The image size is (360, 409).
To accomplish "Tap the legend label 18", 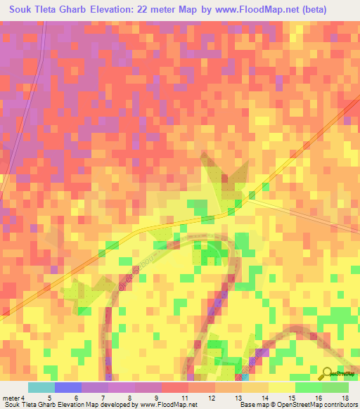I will pyautogui.click(x=345, y=397).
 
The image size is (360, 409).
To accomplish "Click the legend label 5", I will pyautogui.click(x=49, y=397).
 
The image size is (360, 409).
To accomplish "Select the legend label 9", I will pyautogui.click(x=155, y=397).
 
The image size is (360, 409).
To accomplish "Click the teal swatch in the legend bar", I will pyautogui.click(x=41, y=387).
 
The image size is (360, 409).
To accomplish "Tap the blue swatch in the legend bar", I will pyautogui.click(x=67, y=387).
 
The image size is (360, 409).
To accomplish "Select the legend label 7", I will pyautogui.click(x=102, y=397).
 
